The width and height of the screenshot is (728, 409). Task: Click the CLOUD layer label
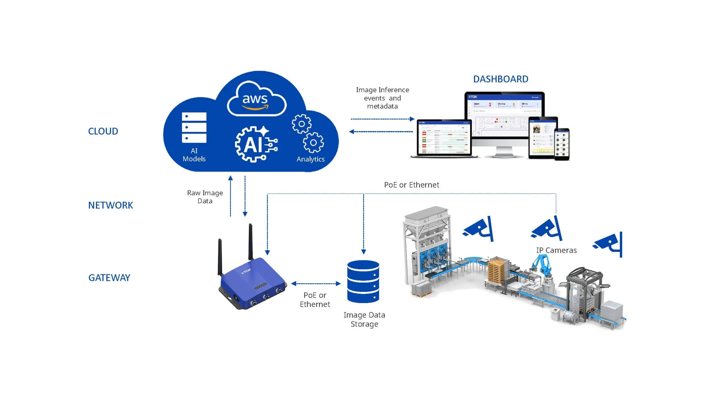point(103,131)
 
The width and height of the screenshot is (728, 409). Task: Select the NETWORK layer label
point(110,205)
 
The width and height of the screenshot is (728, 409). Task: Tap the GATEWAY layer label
point(109,277)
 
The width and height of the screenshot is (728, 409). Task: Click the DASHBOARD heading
point(500,79)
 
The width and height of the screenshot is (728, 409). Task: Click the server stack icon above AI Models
point(194,128)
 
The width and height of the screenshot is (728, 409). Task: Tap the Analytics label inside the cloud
point(310,159)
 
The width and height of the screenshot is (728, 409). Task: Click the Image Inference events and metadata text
point(382,98)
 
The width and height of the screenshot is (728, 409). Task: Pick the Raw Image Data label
point(205,197)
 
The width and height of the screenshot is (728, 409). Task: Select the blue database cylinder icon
point(363,281)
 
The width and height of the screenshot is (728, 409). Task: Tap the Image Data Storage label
point(364,319)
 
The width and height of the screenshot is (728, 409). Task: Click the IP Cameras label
point(556,250)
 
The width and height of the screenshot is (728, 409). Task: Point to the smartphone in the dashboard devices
point(562,144)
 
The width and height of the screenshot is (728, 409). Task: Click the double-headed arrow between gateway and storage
point(316,283)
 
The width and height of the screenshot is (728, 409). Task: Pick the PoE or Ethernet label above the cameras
point(411,185)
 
